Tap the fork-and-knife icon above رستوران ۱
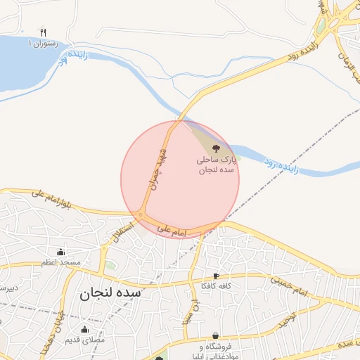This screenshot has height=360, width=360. point(43,32)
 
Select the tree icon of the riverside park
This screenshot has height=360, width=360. point(216,148)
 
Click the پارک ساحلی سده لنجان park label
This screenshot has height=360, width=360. point(216,166)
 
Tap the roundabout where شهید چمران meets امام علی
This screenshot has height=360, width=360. point(141,214)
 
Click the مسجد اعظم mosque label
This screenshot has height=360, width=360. point(60,263)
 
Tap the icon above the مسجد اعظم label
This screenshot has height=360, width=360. point(60,252)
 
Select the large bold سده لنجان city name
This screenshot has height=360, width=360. point(110,293)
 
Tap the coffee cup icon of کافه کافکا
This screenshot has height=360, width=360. point(216,276)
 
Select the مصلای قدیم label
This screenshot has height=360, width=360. point(84,340)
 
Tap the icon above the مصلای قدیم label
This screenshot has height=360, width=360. point(85,330)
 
